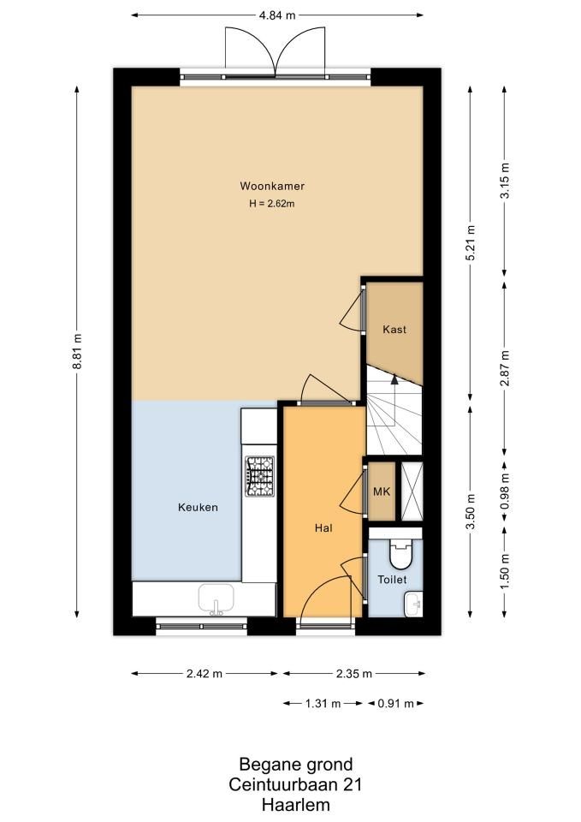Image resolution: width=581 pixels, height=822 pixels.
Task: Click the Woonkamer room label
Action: [x=272, y=186]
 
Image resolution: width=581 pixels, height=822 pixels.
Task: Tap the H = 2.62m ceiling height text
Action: [x=272, y=204]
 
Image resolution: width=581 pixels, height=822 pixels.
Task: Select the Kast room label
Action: [x=394, y=329]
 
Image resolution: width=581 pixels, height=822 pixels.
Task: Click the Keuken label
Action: [x=198, y=507]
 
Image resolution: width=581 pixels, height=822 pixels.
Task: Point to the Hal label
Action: [x=323, y=528]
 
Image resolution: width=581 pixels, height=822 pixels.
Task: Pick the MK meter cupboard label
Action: [x=382, y=491]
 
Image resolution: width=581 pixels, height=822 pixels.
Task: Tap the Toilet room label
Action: [x=393, y=580]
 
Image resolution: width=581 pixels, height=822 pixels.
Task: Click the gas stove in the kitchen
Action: [x=260, y=477]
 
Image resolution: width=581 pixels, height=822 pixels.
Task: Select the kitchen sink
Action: [x=216, y=599]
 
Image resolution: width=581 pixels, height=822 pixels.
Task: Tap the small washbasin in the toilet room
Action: [x=414, y=604]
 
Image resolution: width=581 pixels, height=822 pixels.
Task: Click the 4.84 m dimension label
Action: [x=277, y=15]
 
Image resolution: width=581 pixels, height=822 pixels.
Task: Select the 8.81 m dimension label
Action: [x=77, y=351]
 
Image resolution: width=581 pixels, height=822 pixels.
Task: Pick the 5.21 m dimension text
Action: [x=471, y=244]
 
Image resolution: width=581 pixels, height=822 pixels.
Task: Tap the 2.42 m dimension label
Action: [x=205, y=674]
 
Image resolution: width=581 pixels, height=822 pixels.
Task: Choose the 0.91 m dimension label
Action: [x=395, y=704]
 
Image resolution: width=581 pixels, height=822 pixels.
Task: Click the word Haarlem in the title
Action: [x=295, y=805]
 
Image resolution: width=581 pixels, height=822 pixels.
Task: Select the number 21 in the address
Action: [x=352, y=785]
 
